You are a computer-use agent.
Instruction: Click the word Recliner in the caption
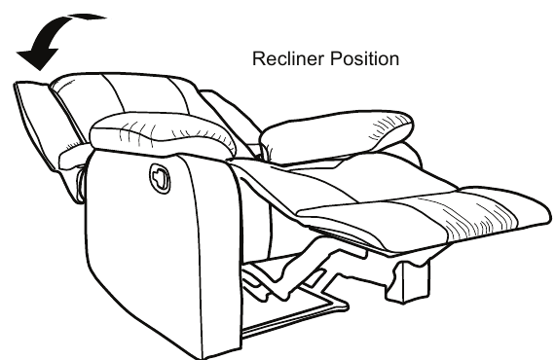(x=283, y=59)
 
